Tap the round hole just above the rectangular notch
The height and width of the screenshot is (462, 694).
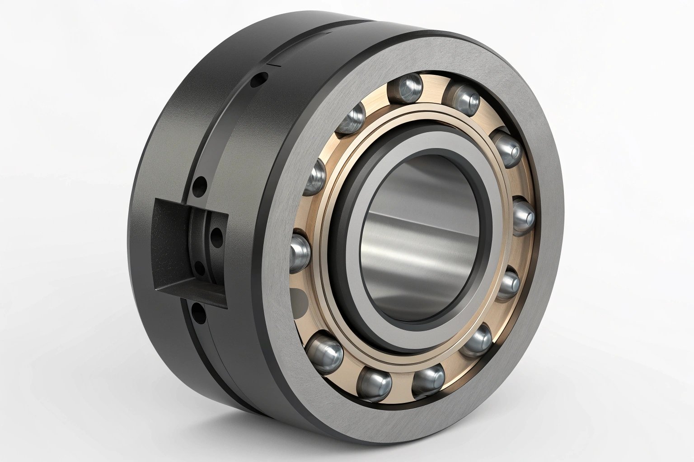point(198,185)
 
